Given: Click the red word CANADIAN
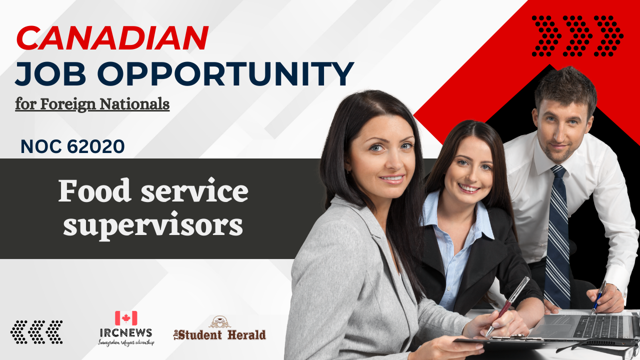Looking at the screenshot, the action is [x=112, y=38].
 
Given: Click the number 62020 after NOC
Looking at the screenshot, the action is [x=95, y=146].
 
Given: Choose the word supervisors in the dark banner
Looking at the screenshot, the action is [x=153, y=225].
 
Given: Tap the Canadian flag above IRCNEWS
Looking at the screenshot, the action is [x=126, y=318].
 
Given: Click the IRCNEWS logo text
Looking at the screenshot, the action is [x=126, y=333].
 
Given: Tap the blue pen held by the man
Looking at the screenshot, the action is [x=598, y=297].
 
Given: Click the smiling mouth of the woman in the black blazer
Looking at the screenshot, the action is [x=469, y=188].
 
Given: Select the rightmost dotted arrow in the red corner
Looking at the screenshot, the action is [x=608, y=35].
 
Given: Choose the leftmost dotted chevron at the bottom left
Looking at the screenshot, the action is [x=19, y=332].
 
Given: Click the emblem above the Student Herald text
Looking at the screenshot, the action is [x=219, y=322].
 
